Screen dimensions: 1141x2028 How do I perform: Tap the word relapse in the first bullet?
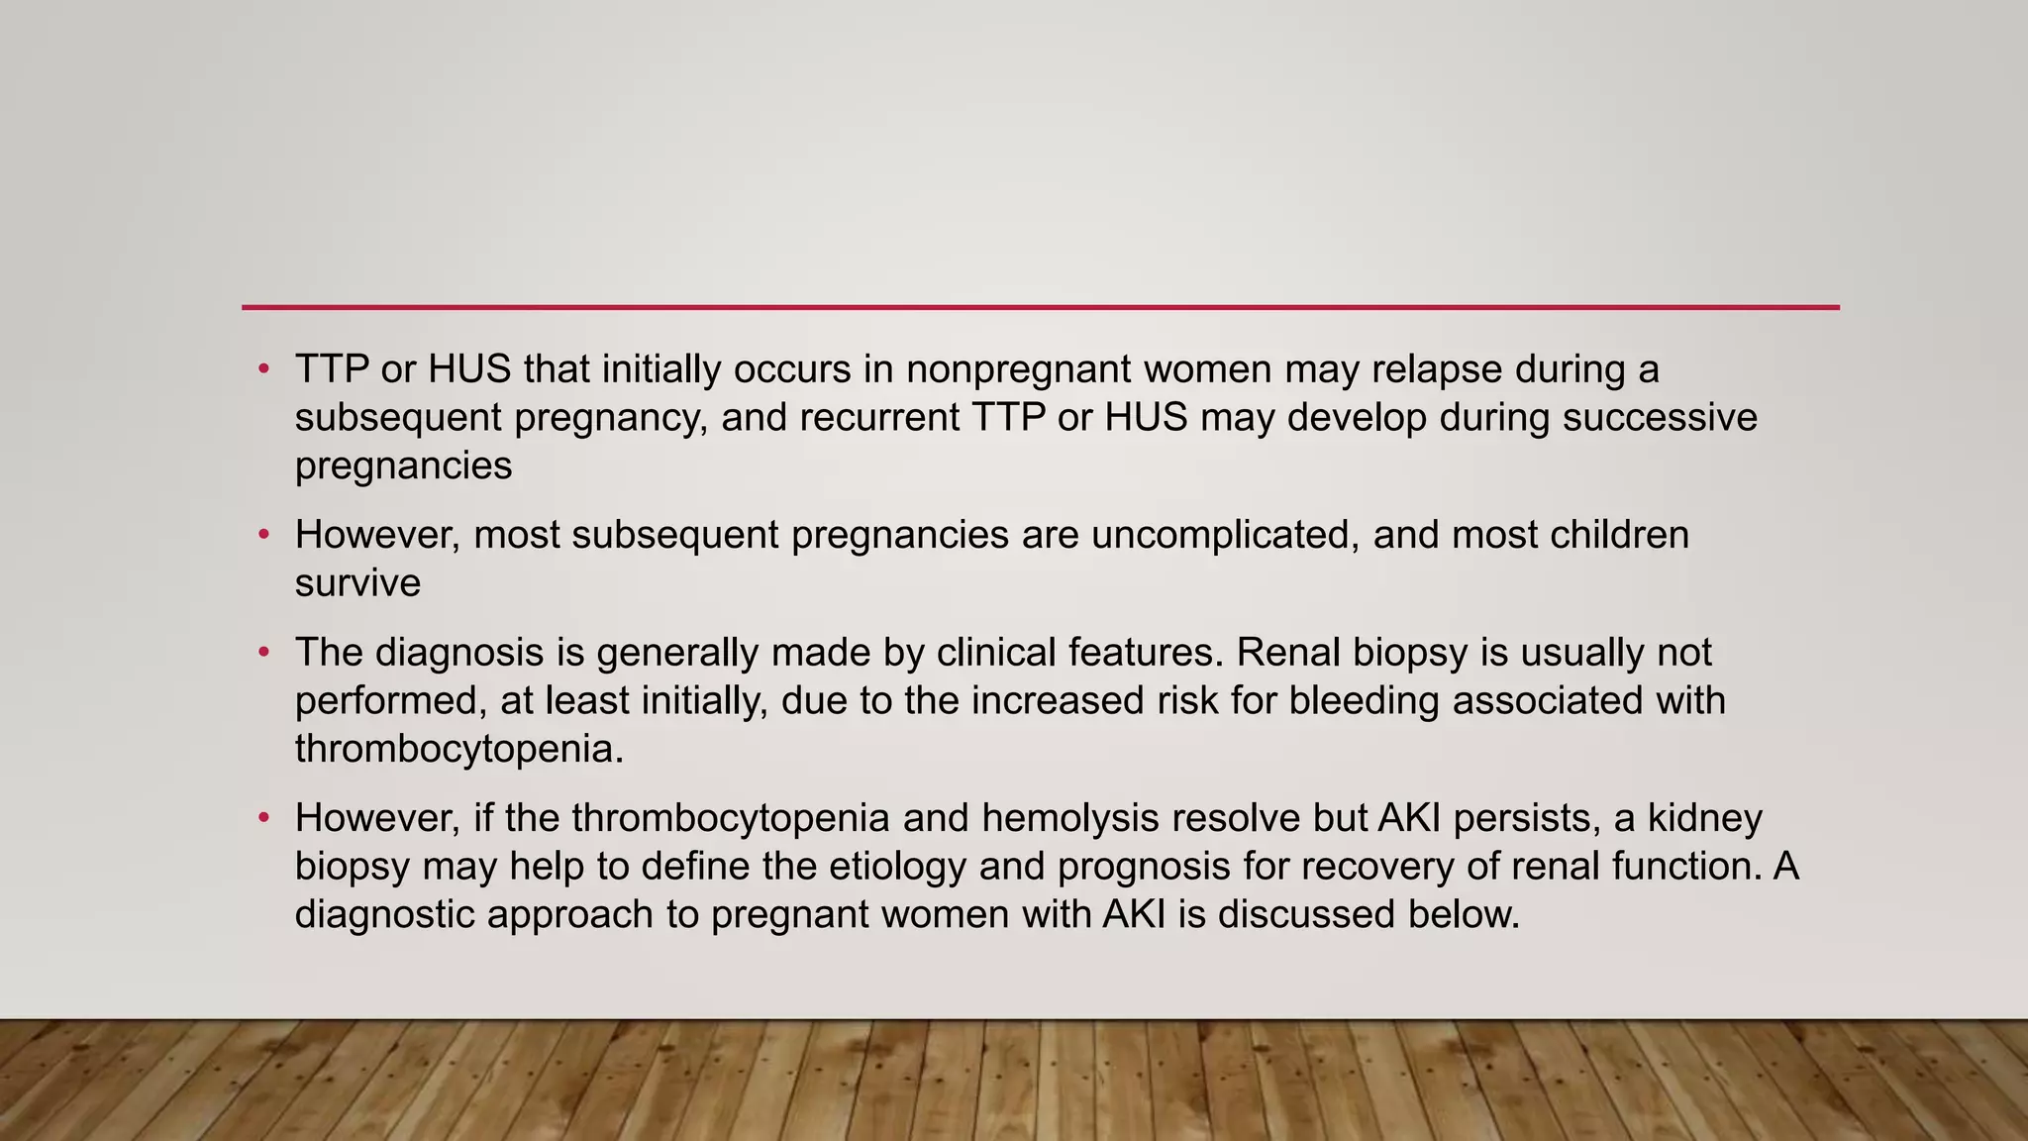click(x=1436, y=370)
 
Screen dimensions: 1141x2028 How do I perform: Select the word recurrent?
click(x=879, y=418)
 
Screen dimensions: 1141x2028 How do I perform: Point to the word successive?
click(x=1660, y=418)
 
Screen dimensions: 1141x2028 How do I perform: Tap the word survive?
click(x=357, y=583)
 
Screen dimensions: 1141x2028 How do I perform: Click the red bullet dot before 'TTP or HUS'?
click(x=263, y=370)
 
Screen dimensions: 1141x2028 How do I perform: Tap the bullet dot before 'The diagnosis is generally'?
click(x=263, y=654)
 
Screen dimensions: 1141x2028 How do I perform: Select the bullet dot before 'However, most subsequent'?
click(x=263, y=536)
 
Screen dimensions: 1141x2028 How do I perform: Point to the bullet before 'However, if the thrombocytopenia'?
click(x=263, y=819)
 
